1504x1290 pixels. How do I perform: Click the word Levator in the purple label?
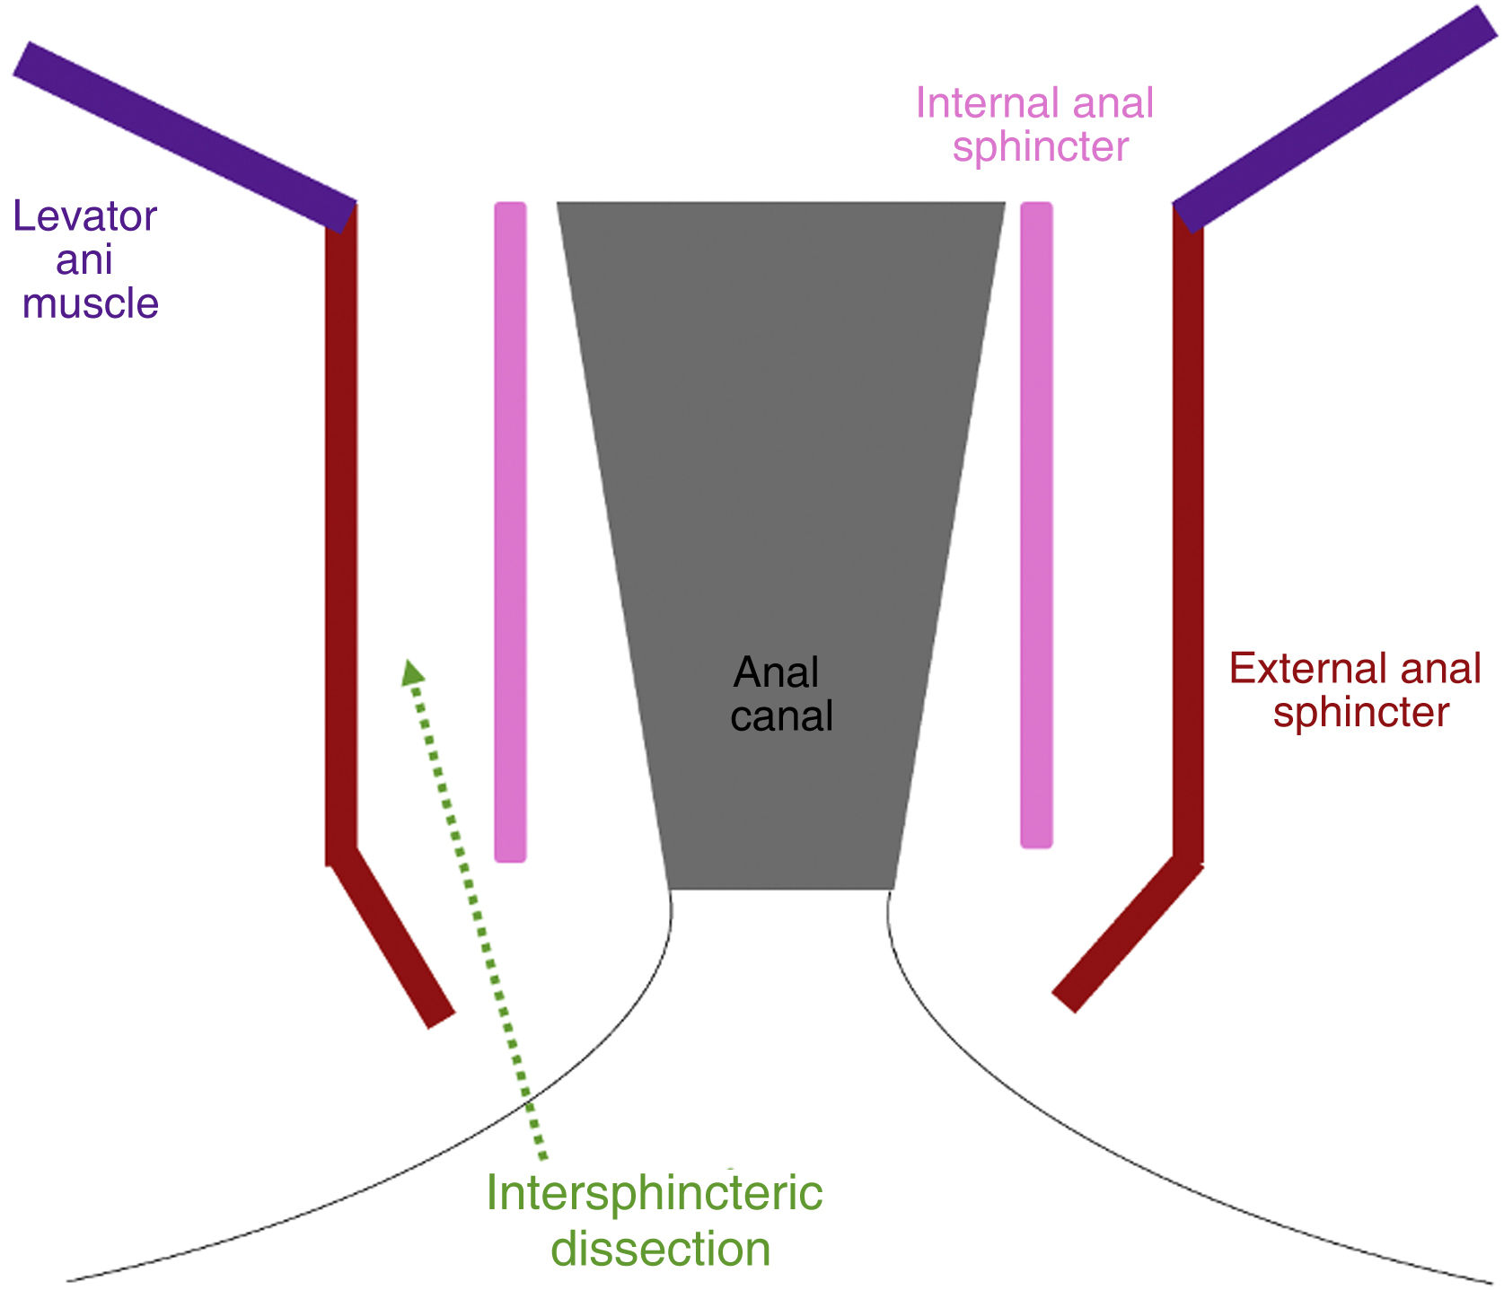85,216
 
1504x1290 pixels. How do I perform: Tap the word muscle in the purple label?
90,303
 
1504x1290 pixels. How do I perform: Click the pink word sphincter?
1040,147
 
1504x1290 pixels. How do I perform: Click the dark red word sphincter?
1360,713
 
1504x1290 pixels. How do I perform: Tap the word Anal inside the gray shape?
776,672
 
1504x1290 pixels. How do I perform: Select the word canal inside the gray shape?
781,716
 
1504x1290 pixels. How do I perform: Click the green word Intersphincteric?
654,1193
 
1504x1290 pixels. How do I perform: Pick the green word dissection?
660,1249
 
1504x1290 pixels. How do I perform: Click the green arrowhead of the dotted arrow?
412,672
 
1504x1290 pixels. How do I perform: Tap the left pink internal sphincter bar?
510,530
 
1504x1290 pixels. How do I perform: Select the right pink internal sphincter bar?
1036,525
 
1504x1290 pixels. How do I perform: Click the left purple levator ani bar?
184,135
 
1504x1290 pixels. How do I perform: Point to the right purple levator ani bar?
1333,117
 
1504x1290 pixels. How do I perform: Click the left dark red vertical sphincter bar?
341,530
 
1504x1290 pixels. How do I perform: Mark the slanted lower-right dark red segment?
1127,934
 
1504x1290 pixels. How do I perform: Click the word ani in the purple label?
84,260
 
